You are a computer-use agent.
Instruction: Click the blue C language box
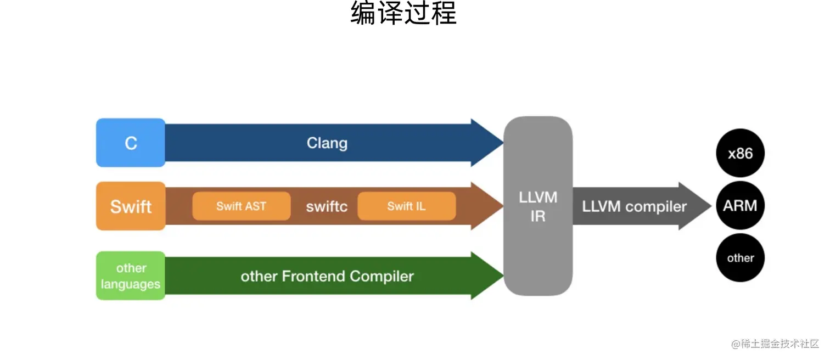[x=131, y=143]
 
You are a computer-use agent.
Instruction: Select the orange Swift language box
[x=131, y=206]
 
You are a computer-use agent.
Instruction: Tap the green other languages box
[x=131, y=276]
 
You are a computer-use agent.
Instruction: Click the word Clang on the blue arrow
[x=327, y=143]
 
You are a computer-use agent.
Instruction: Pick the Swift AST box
[x=241, y=206]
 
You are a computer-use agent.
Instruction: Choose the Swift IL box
[x=406, y=206]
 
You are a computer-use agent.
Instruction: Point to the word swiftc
[x=327, y=206]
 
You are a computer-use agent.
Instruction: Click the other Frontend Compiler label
[x=327, y=276]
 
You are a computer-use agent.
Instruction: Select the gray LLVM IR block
[x=538, y=206]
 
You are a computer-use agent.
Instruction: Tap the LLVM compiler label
[x=634, y=206]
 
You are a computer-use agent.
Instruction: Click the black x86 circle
[x=740, y=153]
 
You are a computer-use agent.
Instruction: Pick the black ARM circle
[x=740, y=206]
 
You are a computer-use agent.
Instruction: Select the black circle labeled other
[x=740, y=258]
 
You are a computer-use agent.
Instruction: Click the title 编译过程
[x=403, y=14]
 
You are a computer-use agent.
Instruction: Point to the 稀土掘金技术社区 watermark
[x=775, y=344]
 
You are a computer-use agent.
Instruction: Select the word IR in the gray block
[x=538, y=216]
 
